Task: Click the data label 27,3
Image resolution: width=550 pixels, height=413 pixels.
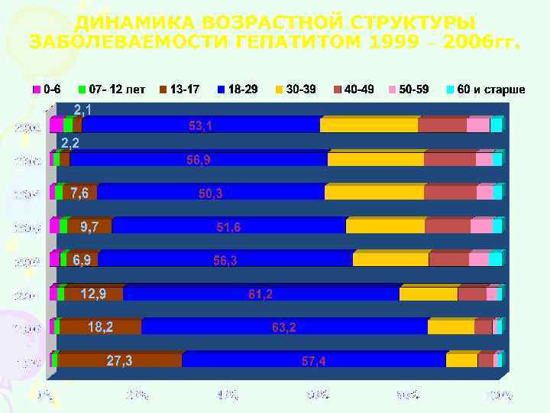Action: (x=119, y=361)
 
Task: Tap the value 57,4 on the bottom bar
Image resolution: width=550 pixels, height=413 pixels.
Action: (x=313, y=361)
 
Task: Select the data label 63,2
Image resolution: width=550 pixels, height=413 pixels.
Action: (x=284, y=327)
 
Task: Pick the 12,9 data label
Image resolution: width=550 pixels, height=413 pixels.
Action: (x=93, y=294)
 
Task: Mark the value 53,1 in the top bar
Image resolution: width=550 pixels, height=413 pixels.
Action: (x=201, y=125)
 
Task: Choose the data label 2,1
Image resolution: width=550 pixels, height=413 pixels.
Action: (x=82, y=110)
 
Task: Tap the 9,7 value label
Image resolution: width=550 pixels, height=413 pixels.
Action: (x=89, y=226)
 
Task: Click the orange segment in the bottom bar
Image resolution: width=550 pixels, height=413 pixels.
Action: (x=461, y=360)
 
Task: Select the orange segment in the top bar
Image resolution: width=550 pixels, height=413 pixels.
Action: (x=368, y=125)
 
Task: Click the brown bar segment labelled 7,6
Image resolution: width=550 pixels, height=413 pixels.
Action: (x=79, y=193)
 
